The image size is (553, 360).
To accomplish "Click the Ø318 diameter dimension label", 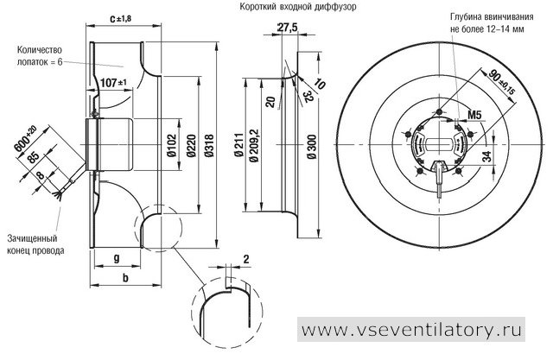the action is point(209,146).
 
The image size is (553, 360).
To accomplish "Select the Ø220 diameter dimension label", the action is point(191,146).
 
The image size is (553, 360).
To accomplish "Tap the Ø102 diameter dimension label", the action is point(171,146).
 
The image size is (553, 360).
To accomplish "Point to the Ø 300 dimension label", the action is point(312,147).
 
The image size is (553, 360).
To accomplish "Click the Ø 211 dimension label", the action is point(239,145).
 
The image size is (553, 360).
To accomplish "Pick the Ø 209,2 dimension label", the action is point(253,145).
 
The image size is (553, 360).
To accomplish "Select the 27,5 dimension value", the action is point(287,28).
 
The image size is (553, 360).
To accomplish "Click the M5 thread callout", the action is point(474,115).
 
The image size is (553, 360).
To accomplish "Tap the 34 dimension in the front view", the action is point(486,156).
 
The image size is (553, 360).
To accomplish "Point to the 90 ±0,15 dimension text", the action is point(501,82).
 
